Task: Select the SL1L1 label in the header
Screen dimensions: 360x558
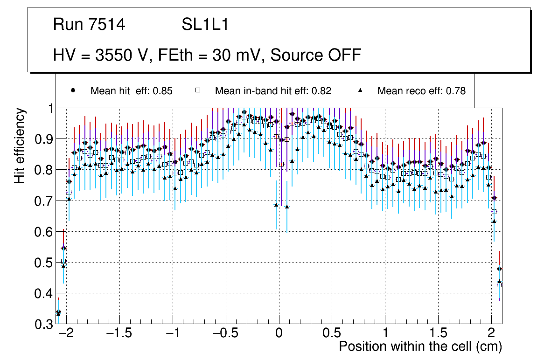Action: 205,25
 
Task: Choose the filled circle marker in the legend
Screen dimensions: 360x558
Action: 73,90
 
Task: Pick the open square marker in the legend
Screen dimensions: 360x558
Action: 197,90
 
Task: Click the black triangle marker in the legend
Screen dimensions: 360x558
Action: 360,90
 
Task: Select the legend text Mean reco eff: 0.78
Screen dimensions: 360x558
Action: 421,91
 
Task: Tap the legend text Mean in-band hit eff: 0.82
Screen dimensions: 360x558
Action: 273,91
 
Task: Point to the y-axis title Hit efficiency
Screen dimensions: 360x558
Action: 20,145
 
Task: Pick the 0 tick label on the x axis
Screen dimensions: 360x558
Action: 279,334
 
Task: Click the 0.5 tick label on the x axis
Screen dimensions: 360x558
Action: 332,334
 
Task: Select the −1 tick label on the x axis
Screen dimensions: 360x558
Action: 173,334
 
